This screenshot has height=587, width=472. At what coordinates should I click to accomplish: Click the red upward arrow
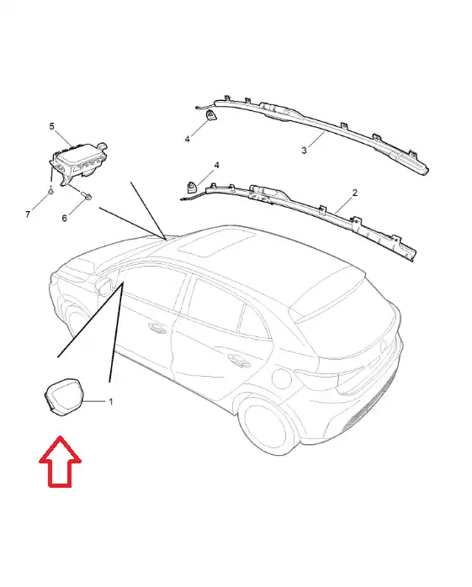point(60,463)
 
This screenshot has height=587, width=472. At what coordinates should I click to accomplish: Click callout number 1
point(111,402)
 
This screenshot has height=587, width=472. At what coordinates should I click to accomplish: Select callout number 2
point(355,193)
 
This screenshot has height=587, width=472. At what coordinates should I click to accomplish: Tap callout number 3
point(304,151)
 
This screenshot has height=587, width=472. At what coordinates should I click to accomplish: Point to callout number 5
point(51,126)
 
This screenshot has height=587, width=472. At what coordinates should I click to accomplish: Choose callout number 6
point(65,218)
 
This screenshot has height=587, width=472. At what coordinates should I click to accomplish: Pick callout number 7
point(28,214)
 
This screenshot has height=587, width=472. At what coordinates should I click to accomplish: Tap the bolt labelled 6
point(86,195)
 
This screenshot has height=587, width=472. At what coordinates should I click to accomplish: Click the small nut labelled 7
point(50,192)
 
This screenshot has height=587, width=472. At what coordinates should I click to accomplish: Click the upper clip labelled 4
point(211,116)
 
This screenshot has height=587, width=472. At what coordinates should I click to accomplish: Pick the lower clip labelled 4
point(192,186)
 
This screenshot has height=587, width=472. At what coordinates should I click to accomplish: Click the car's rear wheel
point(263,424)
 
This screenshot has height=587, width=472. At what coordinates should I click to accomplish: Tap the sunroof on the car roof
point(216,242)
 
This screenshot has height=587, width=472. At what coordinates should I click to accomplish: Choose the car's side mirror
point(105,283)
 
